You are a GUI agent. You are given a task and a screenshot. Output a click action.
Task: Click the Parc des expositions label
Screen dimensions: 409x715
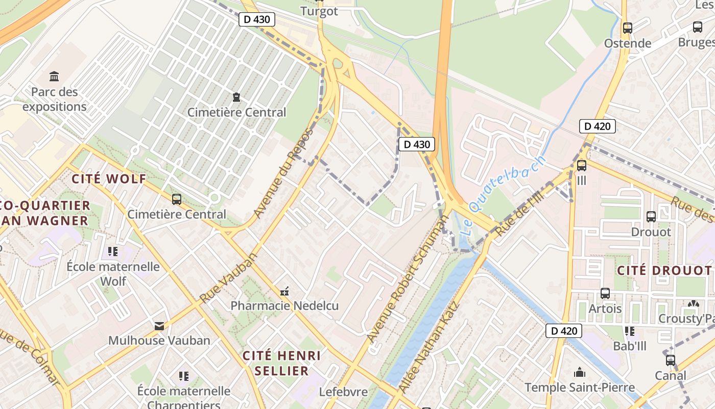click(x=54, y=99)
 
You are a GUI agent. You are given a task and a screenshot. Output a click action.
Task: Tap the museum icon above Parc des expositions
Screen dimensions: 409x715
click(x=54, y=77)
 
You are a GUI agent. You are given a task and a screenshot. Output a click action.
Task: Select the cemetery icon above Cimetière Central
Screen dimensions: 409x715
click(x=236, y=97)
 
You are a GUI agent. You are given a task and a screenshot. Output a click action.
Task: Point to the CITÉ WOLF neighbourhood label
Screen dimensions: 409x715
click(x=109, y=179)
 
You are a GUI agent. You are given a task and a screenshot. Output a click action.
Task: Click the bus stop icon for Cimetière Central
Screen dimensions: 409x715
click(x=177, y=199)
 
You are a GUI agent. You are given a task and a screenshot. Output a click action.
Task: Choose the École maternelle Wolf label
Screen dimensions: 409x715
click(x=113, y=274)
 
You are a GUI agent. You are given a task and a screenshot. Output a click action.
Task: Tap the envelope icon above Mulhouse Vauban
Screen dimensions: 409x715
click(x=159, y=326)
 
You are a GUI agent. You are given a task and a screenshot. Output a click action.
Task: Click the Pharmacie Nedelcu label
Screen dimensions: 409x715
click(x=284, y=306)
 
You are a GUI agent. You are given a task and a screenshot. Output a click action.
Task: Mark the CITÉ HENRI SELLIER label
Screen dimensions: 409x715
click(x=282, y=363)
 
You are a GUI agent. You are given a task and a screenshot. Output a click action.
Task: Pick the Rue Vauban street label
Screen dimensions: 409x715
click(x=228, y=278)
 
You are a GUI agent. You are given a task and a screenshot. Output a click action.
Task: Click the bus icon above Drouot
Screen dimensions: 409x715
click(x=651, y=217)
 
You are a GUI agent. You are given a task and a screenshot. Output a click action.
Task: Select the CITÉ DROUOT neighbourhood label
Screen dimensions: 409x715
click(x=664, y=270)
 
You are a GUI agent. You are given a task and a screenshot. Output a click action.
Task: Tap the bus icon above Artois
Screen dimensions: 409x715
click(x=605, y=293)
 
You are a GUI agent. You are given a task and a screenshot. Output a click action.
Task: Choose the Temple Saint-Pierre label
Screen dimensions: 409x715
click(x=579, y=387)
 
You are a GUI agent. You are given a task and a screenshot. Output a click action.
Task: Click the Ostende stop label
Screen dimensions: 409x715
click(x=628, y=43)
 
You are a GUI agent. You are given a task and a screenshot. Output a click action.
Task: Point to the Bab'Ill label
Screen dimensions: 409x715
click(x=629, y=346)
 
